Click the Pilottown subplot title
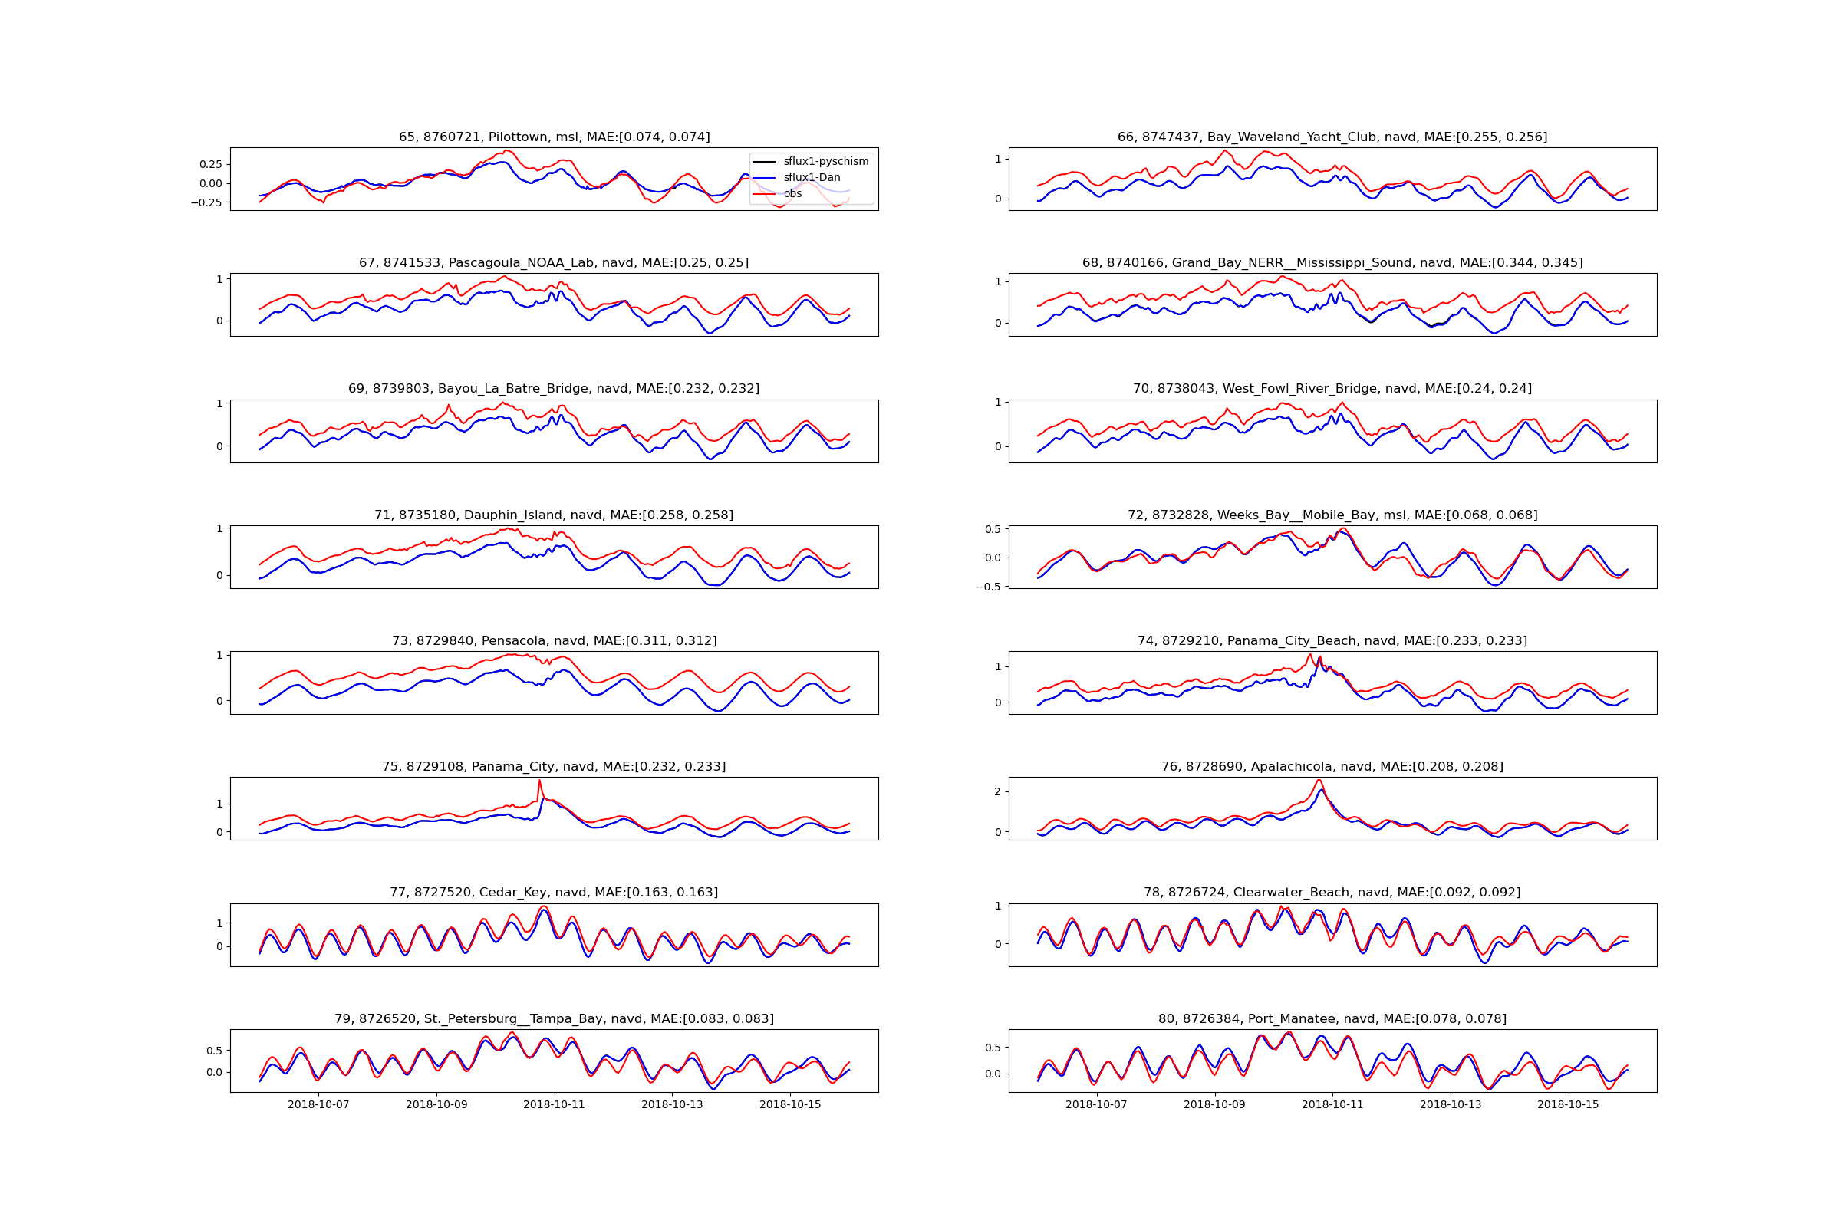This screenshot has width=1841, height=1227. point(554,137)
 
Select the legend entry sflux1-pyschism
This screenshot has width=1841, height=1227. point(825,161)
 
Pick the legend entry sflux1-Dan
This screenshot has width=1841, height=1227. point(812,178)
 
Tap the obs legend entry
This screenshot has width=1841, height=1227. point(792,193)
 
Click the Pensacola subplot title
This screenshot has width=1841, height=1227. point(554,641)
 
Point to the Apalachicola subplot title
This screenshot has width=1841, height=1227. point(1332,767)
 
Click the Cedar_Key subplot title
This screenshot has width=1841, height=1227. point(554,892)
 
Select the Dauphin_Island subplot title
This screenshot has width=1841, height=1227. point(554,515)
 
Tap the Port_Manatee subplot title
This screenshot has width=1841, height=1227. point(1332,1019)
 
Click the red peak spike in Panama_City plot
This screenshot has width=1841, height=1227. point(539,781)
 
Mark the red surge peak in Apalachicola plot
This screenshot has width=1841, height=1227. point(1319,780)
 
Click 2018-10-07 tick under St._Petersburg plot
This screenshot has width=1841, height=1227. point(318,1105)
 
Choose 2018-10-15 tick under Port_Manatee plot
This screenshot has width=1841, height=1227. point(1568,1105)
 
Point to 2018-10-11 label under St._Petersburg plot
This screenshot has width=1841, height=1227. point(554,1105)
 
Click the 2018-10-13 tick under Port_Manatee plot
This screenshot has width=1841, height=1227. point(1451,1105)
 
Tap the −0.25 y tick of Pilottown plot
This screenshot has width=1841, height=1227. point(206,202)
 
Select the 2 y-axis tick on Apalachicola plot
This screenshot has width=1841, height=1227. point(998,792)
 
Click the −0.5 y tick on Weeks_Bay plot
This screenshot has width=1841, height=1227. point(990,587)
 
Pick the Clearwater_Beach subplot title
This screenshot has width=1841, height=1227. point(1332,892)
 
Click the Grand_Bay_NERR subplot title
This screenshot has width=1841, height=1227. point(1332,263)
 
